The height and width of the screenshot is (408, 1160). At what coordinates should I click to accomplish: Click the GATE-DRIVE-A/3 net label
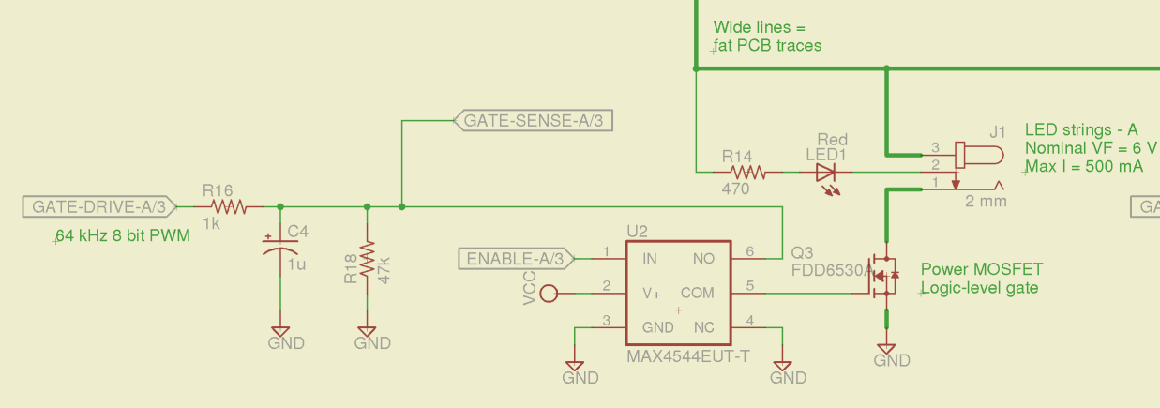(98, 207)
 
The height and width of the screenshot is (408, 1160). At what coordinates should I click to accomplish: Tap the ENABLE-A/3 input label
(515, 258)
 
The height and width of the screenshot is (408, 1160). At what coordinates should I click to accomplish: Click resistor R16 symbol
(227, 206)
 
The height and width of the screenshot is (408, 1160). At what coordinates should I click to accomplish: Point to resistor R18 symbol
(367, 264)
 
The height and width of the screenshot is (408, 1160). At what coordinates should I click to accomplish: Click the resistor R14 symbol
(748, 173)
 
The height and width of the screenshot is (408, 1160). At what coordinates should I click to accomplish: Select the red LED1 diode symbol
(826, 173)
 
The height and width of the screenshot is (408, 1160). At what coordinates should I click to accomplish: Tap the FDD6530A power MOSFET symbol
(884, 275)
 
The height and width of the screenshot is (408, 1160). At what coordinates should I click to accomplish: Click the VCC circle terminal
(550, 294)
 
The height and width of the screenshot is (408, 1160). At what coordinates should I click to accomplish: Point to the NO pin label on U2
(702, 258)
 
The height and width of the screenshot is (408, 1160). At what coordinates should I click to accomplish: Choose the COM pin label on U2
(697, 294)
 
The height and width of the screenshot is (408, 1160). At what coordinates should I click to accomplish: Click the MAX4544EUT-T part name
(687, 357)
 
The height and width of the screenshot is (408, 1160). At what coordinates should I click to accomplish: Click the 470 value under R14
(735, 189)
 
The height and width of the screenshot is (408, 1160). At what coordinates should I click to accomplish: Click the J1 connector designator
(998, 130)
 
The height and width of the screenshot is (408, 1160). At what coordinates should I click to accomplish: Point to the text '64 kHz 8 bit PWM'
(122, 235)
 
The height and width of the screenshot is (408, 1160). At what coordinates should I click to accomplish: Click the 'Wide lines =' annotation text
(760, 27)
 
